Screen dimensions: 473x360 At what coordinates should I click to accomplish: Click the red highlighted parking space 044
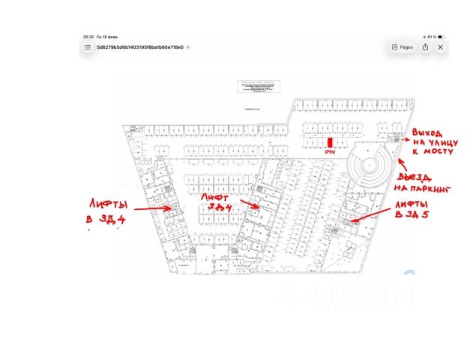click(331, 142)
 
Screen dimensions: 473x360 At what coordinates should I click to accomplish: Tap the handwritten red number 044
click(330, 152)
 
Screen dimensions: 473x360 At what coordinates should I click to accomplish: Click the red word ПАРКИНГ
click(434, 190)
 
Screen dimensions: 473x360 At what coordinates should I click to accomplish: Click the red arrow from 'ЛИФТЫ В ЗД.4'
click(154, 210)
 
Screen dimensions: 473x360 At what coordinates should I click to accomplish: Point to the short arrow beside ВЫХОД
click(403, 138)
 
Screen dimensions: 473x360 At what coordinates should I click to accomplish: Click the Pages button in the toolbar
click(403, 46)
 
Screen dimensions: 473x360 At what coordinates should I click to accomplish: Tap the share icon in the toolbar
click(425, 46)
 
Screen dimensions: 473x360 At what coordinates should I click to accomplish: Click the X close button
click(441, 46)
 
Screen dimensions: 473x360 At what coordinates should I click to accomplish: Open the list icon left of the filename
click(87, 46)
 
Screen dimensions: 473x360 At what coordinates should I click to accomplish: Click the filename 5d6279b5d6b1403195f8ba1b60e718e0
click(139, 46)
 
